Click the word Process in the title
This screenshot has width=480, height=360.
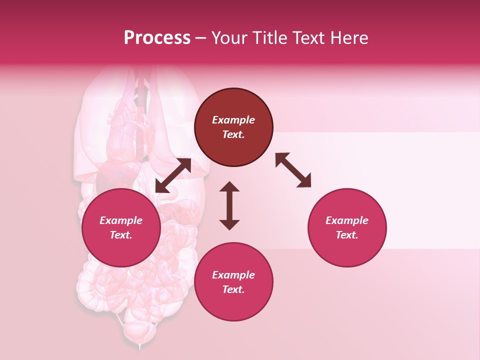point(157,38)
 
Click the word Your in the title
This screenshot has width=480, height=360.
point(229,38)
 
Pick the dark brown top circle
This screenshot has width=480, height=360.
point(233,127)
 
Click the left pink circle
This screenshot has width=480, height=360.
point(121,227)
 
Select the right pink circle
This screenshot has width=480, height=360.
point(347,227)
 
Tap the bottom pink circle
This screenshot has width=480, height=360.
point(233,282)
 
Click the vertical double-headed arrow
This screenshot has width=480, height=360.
point(229,205)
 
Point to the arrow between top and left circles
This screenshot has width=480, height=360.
point(173,175)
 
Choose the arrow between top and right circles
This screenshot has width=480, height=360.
point(293,170)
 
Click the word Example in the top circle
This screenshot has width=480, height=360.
point(233,120)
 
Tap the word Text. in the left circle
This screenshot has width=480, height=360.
point(121,235)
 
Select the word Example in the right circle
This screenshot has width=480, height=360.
point(347,220)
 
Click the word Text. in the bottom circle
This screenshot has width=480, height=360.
point(233,289)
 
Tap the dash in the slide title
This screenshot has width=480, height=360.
point(200,38)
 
